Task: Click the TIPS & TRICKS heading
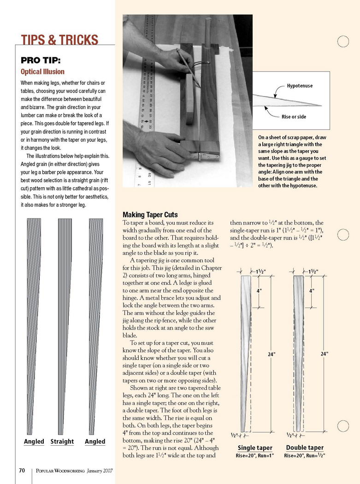[x=60, y=40]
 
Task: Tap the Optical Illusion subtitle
[x=42, y=72]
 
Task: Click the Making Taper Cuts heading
[x=150, y=215]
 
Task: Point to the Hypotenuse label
[x=300, y=86]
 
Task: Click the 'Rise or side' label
[x=294, y=117]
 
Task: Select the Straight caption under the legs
[x=62, y=442]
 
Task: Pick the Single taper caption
[x=255, y=448]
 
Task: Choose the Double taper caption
[x=305, y=448]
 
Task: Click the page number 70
[x=22, y=471]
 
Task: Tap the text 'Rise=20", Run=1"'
[x=255, y=456]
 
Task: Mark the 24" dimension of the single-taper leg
[x=271, y=354]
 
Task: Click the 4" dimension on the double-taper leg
[x=312, y=291]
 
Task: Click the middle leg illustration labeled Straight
[x=64, y=323]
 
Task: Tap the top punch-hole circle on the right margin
[x=342, y=41]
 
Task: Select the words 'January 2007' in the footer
[x=99, y=471]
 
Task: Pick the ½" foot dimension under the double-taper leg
[x=290, y=435]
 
